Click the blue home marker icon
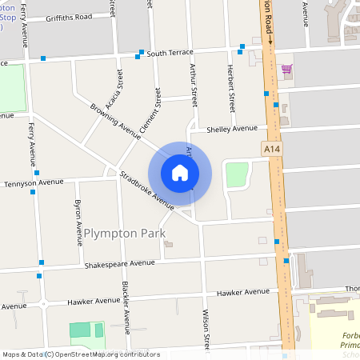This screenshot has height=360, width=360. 180,172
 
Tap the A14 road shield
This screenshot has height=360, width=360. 272,148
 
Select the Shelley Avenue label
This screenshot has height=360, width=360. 232,128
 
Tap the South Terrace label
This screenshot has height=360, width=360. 170,53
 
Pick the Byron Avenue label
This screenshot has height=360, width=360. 78,221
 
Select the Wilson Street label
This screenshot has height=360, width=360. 206,328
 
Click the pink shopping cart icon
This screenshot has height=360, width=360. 286,69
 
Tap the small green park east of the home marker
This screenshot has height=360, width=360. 237,174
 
